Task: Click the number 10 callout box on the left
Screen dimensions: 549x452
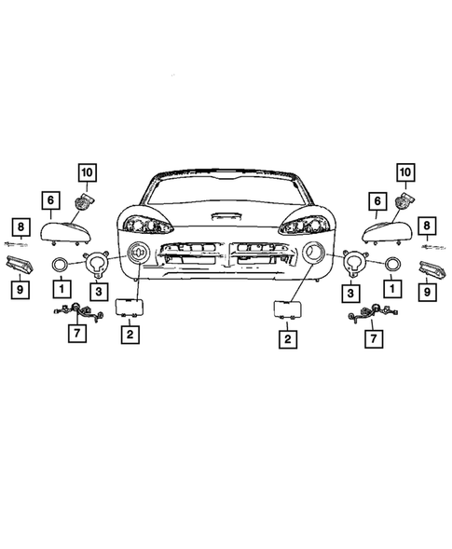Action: click(x=87, y=172)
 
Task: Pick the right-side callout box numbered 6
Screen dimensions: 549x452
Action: click(x=377, y=200)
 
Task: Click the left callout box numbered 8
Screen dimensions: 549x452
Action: click(x=19, y=226)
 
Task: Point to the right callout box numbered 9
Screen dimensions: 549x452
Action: click(x=428, y=292)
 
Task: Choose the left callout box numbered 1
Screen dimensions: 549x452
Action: click(x=59, y=290)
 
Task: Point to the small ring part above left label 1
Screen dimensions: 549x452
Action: click(x=59, y=266)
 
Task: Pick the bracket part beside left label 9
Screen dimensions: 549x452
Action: click(x=20, y=267)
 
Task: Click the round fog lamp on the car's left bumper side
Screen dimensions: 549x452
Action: click(x=138, y=251)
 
